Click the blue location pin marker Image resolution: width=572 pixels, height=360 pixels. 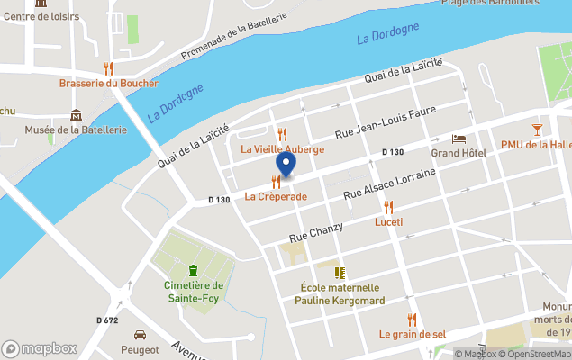pos(286,165)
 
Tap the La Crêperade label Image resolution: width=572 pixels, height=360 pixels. pos(276,196)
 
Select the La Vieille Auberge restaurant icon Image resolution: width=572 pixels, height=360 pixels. pos(282,134)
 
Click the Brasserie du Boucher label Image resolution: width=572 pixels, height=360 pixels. pos(108,84)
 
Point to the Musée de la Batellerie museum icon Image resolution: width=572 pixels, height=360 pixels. pos(76,115)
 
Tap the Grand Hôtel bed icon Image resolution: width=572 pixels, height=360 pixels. pos(458,139)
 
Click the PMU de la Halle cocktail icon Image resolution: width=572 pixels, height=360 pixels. pos(537,130)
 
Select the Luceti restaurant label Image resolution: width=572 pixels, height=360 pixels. pos(388,221)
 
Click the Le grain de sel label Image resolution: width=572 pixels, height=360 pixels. pos(412,334)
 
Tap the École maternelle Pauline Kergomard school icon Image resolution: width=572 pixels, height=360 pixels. pos(340,273)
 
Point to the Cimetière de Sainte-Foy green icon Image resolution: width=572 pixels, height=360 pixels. pos(192,270)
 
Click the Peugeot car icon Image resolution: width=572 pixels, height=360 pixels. pos(140,334)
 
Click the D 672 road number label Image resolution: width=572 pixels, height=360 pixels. pos(107,319)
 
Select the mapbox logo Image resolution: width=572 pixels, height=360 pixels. pos(40,348)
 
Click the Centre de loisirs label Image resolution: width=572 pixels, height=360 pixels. pos(41,16)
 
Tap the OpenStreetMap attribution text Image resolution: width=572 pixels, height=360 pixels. pos(538,354)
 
